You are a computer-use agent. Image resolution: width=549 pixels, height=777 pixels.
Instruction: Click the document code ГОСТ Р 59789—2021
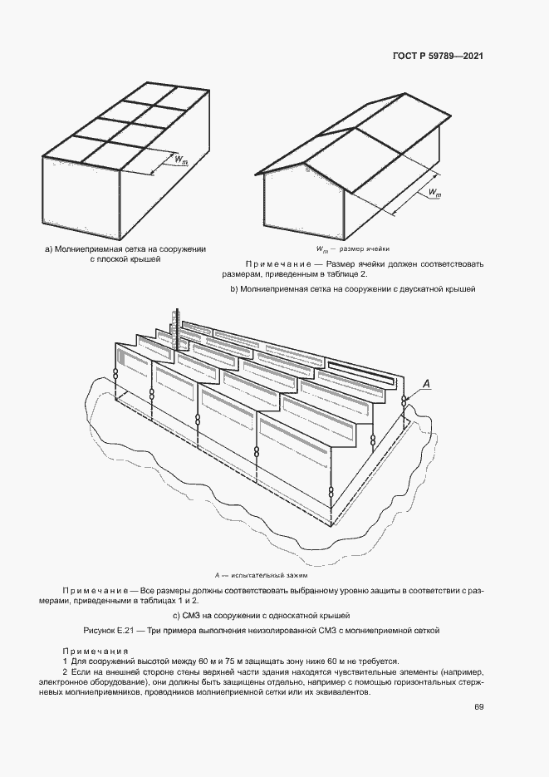click(438, 57)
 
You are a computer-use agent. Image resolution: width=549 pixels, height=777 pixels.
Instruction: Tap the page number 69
click(479, 707)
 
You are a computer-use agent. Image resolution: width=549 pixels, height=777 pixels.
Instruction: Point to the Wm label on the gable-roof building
click(434, 193)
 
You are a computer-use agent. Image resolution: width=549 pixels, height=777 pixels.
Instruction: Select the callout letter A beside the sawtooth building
click(426, 382)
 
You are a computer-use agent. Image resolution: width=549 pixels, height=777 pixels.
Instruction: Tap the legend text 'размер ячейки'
click(365, 248)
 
